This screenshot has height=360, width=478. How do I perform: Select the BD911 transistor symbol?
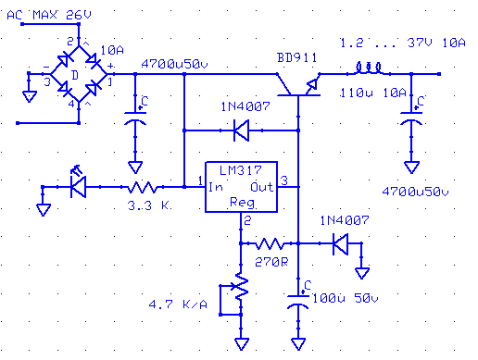pos(298,85)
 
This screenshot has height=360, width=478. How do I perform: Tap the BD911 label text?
pos(296,57)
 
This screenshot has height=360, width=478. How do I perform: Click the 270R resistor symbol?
pos(270,243)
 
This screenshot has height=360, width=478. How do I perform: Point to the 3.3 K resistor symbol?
pos(142,187)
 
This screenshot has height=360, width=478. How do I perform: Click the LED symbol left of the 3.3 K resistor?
pos(78,184)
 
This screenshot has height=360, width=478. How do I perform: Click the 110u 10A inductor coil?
pos(369,68)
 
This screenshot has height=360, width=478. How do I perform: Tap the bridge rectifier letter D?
pos(75,75)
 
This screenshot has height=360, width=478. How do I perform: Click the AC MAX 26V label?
pos(49,15)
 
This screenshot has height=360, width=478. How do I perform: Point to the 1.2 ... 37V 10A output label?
pos(403,43)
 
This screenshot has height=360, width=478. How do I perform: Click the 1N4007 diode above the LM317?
pos(241,130)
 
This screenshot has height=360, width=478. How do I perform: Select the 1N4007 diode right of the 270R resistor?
pos(340,243)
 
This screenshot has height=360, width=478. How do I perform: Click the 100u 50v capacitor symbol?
pos(298,302)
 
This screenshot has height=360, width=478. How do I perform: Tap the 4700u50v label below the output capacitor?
pos(415,192)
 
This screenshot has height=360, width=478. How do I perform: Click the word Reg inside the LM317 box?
pos(242,203)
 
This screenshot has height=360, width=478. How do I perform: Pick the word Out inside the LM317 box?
pos(261,187)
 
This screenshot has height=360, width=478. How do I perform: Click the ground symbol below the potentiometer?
pos(242,343)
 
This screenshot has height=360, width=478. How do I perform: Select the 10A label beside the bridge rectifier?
pos(112,50)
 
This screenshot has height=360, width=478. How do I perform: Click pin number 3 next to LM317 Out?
pos(284,180)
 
